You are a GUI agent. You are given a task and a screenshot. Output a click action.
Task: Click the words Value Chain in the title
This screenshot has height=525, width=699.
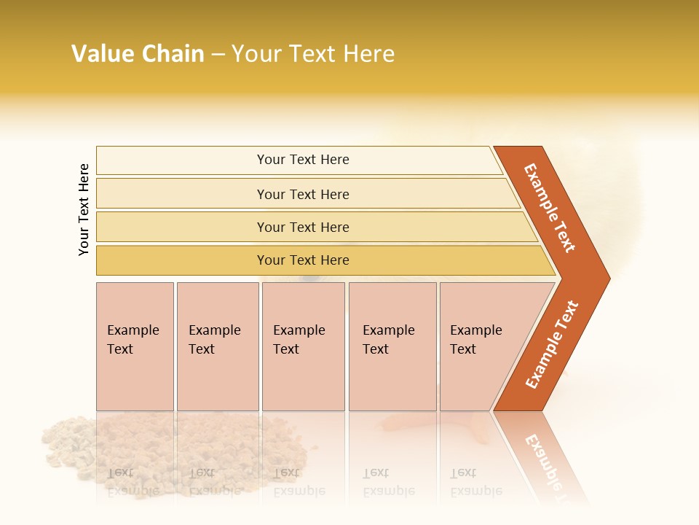tap(138, 54)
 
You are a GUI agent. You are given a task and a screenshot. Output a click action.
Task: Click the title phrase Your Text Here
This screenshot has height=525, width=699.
tap(313, 54)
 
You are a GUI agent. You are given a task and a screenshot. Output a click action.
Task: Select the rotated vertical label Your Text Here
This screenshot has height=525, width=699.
tap(84, 209)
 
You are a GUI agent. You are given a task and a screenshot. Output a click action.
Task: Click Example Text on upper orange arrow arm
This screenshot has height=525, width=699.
tap(550, 208)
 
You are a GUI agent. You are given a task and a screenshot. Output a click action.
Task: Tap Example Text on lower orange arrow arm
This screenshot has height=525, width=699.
tap(552, 345)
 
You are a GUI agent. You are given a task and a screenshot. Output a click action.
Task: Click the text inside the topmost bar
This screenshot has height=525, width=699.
tap(303, 160)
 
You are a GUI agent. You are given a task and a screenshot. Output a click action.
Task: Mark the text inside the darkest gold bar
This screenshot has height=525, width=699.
tap(303, 260)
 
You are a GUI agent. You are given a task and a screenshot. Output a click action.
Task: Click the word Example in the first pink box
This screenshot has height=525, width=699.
tap(133, 330)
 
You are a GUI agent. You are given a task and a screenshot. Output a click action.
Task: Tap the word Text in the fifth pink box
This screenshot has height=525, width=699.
tap(463, 349)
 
